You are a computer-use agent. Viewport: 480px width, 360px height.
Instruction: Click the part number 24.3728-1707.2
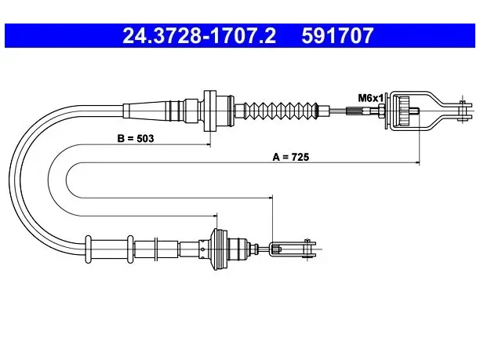[199, 36]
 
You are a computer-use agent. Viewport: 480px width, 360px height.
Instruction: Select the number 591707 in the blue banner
[337, 36]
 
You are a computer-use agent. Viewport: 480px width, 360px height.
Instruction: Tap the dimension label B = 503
[136, 138]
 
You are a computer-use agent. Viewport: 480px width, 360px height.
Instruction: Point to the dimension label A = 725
[291, 157]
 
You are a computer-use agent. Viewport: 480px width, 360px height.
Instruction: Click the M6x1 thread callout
[370, 98]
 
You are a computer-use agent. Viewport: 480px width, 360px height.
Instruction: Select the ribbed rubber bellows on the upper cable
[281, 111]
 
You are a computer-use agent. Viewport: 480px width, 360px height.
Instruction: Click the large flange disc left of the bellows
[210, 111]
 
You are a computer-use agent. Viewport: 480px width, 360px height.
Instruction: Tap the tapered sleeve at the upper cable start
[146, 111]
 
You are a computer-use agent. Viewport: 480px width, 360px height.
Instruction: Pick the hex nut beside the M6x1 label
[381, 111]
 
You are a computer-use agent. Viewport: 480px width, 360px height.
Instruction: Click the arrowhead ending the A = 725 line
[417, 162]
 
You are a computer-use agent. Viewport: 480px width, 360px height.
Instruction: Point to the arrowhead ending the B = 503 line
[209, 144]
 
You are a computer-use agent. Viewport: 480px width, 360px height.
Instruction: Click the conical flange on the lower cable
[219, 249]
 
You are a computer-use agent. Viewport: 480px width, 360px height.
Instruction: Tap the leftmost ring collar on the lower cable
[88, 249]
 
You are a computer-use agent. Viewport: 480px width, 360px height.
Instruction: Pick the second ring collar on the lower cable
[130, 249]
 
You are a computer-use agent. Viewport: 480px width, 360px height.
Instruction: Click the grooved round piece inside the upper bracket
[405, 111]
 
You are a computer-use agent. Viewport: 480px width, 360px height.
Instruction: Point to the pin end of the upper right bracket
[461, 111]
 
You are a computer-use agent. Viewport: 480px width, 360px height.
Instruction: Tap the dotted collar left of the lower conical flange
[204, 249]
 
